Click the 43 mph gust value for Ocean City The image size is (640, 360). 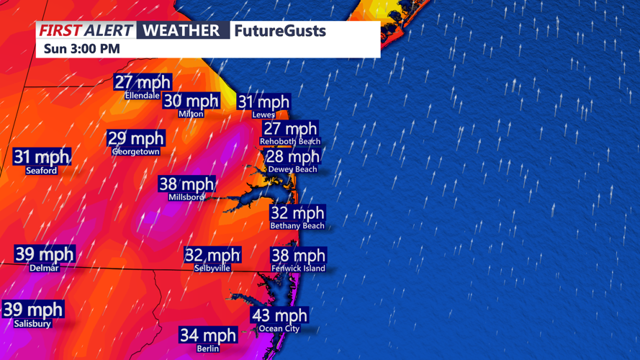(x=279, y=315)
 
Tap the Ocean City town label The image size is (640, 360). (x=279, y=329)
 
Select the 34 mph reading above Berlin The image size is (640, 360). (x=208, y=336)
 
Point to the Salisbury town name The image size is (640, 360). (x=32, y=324)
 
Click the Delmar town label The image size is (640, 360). (x=45, y=268)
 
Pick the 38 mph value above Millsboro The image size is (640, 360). (x=186, y=184)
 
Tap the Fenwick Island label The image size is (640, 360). (x=298, y=269)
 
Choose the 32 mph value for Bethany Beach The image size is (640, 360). (x=297, y=213)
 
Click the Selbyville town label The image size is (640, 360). (x=212, y=268)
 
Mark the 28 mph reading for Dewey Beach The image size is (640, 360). (x=292, y=157)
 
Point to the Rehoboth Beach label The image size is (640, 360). (x=290, y=142)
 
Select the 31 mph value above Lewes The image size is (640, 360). (x=263, y=102)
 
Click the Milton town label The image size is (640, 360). (x=191, y=114)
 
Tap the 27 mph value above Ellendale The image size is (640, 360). (x=143, y=83)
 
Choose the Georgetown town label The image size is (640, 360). (x=136, y=152)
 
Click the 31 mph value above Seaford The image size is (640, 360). (x=42, y=157)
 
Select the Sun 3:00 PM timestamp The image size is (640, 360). (x=81, y=49)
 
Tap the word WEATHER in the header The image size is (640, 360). (x=181, y=30)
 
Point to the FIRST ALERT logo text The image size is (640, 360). (x=86, y=30)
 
